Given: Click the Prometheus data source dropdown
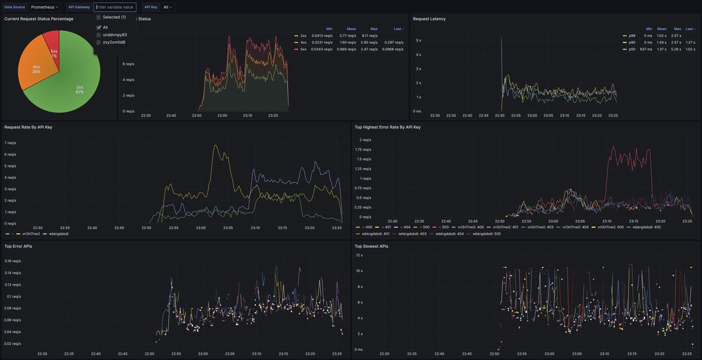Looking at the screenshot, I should pos(44,7).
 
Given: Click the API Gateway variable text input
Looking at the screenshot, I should pos(115,7).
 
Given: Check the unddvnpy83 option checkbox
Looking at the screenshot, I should pos(99,35).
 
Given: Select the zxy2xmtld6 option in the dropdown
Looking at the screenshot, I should pos(114,42).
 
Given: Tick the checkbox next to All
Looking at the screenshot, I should pos(99,27).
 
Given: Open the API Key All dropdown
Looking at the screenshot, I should pos(168,7).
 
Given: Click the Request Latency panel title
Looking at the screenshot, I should pos(429,19).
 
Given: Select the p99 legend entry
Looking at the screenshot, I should pos(632,35).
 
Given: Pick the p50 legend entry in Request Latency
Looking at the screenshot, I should pos(632,49).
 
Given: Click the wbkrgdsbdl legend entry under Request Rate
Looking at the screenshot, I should pos(59,234).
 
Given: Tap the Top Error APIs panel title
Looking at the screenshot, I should pos(18,246).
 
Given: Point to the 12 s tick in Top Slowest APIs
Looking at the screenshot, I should pos(359,255).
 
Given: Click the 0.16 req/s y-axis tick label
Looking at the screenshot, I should pos(13,261).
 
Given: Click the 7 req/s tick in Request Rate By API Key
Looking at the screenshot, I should pos(10,143).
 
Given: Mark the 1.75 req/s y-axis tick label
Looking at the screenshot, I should pos(363,149).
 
